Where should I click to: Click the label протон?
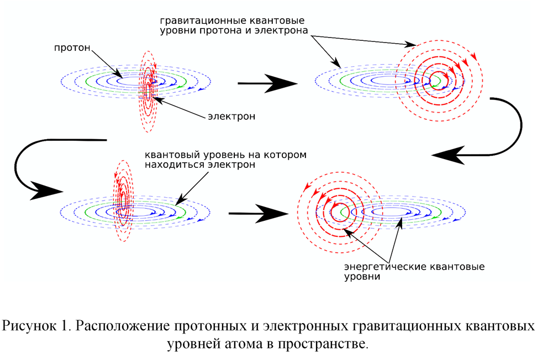[x=71, y=48]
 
